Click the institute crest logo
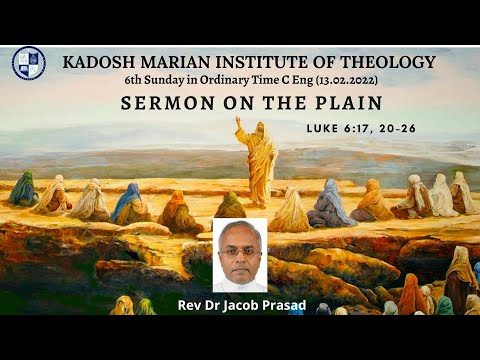coord(28,63)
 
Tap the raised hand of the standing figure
coord(238,122)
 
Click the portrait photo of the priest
coord(240,254)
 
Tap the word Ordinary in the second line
coord(221,80)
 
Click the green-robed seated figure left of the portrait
coord(230,206)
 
